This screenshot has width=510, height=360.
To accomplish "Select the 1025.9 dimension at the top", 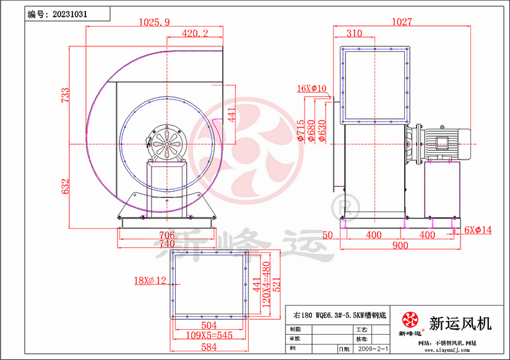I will (x=153, y=22).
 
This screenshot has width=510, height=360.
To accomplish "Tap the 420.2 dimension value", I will (x=195, y=33).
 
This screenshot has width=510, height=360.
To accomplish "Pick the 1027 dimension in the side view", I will (x=402, y=22).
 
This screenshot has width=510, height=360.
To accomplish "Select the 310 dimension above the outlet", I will (x=354, y=33).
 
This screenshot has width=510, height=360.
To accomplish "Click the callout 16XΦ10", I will (x=311, y=88).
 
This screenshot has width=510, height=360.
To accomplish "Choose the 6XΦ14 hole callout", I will (x=478, y=230).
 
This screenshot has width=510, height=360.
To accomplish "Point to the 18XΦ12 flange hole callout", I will (x=150, y=281).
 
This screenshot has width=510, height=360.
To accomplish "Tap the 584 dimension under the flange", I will (x=209, y=347).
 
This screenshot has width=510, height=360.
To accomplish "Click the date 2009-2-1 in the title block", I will (x=373, y=349).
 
